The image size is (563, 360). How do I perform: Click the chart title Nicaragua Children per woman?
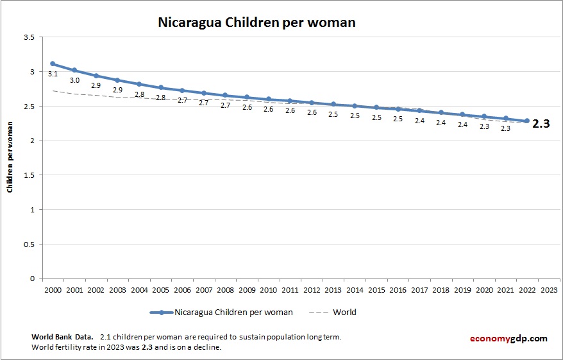[256, 22]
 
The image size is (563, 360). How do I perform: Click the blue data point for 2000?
[53, 64]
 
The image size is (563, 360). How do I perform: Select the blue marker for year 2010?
[268, 99]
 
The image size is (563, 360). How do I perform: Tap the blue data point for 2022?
[527, 121]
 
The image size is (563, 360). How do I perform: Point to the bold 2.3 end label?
[542, 124]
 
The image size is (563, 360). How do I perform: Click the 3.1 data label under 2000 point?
[53, 74]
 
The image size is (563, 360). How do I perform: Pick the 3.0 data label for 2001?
[74, 81]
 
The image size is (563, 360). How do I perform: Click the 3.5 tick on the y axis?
[28, 37]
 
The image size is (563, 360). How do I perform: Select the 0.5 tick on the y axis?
[28, 244]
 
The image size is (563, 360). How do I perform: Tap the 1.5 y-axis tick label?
[28, 175]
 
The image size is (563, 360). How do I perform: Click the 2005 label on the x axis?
[160, 290]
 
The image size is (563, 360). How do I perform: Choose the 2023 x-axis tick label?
[549, 290]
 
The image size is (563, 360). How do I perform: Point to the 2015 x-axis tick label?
[376, 290]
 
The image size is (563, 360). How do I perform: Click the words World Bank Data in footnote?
[62, 337]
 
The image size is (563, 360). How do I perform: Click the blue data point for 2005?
[160, 87]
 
